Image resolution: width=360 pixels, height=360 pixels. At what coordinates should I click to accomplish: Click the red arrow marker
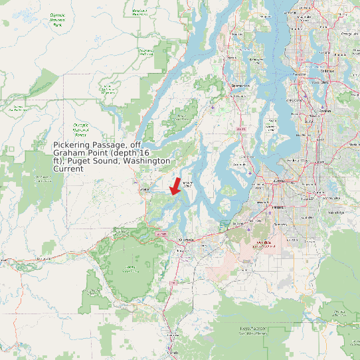coord(175,186)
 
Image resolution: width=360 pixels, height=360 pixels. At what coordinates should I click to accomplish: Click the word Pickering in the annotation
coord(74,145)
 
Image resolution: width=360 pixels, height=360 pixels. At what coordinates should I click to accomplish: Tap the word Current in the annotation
coord(68,169)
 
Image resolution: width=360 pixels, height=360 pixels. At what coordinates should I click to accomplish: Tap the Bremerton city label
coord(240,86)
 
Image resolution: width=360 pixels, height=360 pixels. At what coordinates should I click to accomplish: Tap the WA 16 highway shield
coord(240,128)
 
